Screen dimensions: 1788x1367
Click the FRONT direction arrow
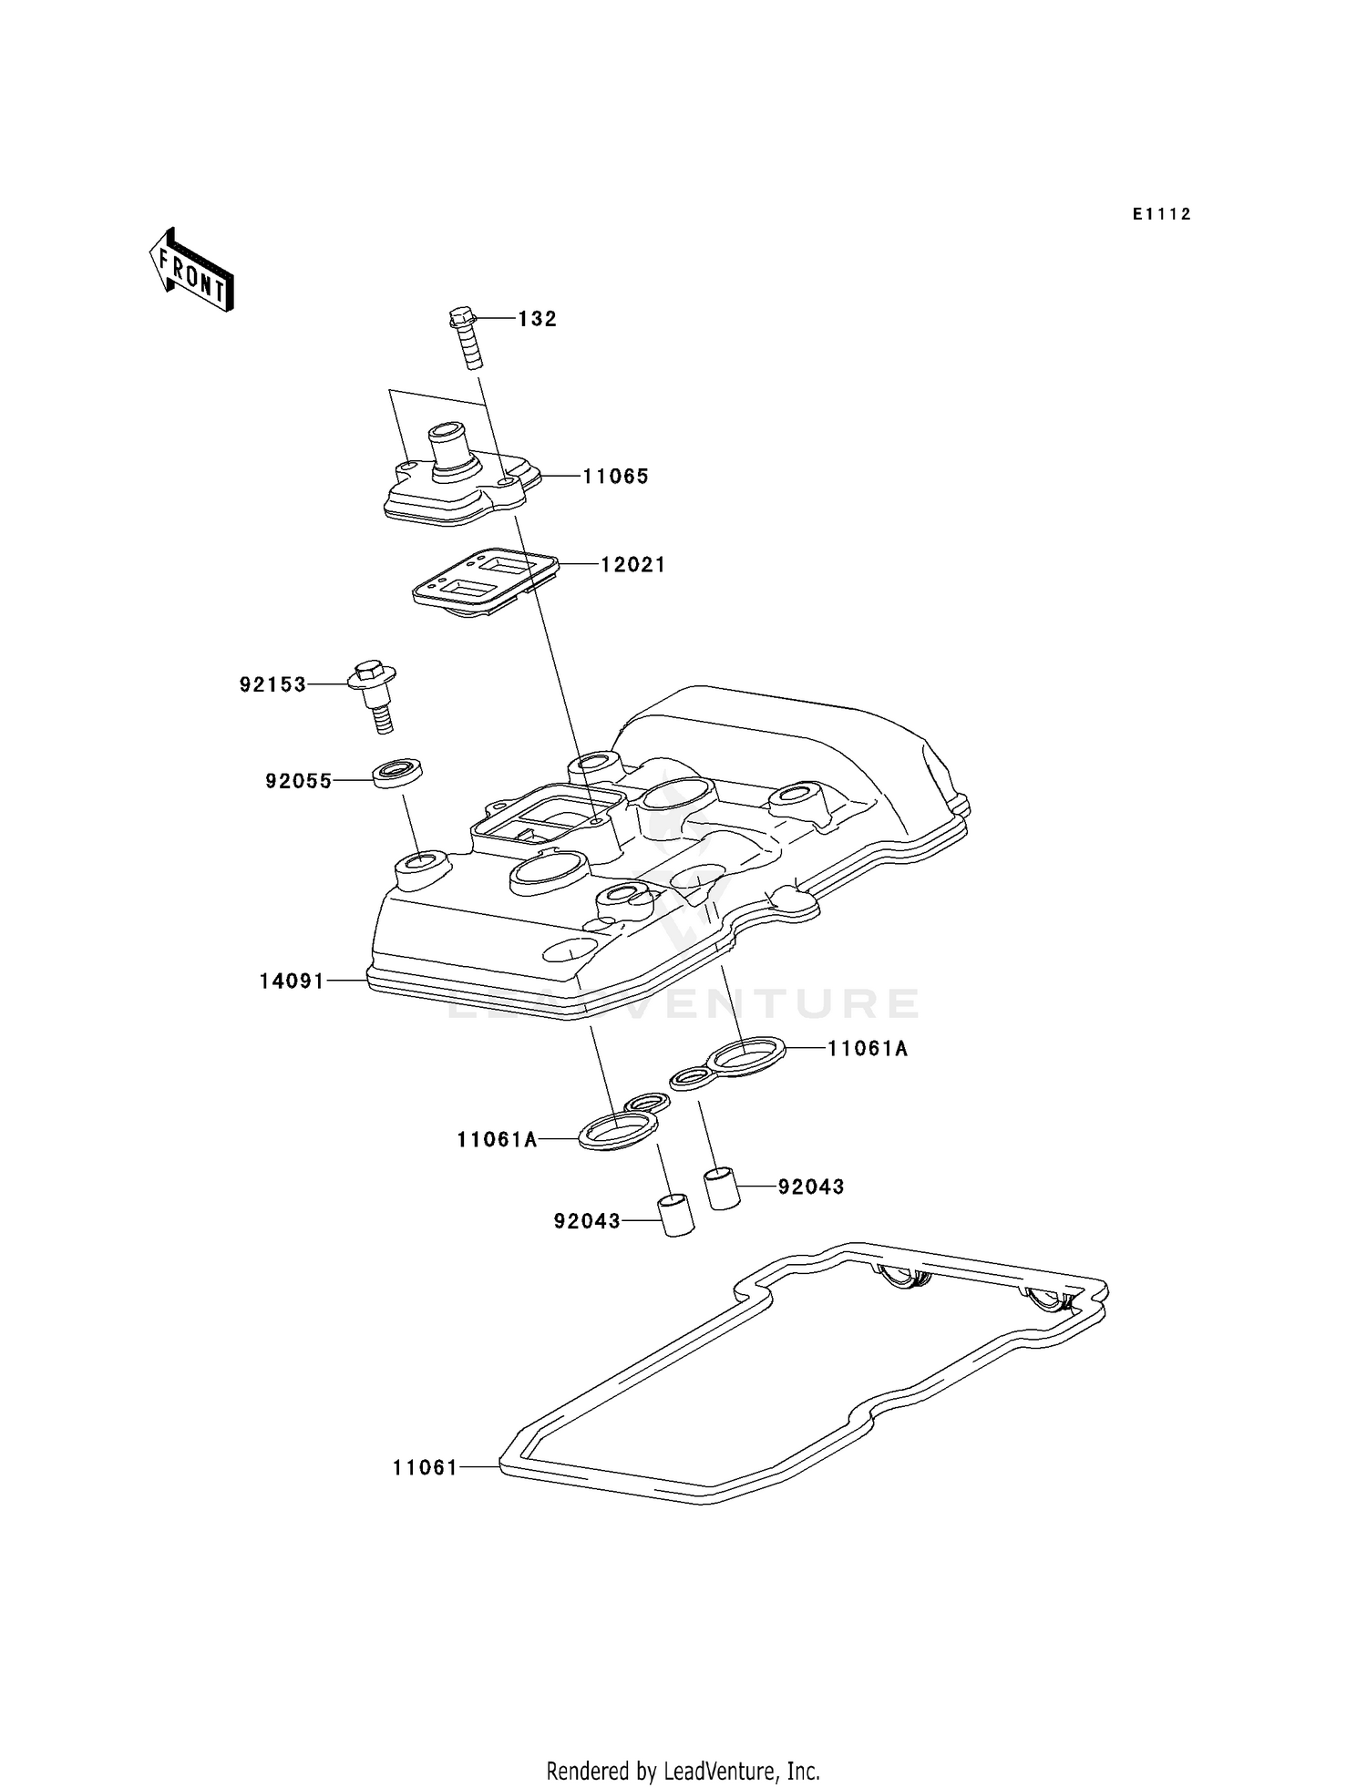(191, 272)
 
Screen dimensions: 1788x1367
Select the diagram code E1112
(1162, 214)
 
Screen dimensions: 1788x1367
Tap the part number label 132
(537, 319)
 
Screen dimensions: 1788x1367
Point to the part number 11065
(616, 477)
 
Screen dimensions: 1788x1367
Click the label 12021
(632, 565)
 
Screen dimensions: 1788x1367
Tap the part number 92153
(273, 684)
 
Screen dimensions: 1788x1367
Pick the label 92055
(299, 781)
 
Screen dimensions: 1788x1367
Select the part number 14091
(292, 981)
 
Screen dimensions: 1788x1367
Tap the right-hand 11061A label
(868, 1049)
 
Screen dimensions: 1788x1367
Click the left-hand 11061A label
(497, 1139)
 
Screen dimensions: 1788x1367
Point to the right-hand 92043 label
(811, 1187)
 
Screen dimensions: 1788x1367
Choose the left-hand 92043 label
(587, 1221)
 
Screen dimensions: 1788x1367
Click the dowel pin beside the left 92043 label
(675, 1214)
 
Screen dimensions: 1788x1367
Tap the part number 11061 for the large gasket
(425, 1468)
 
